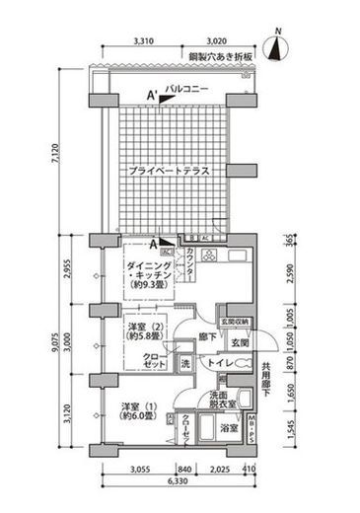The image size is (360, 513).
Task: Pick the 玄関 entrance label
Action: [241, 341]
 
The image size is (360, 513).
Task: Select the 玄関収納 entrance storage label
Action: [235, 321]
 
